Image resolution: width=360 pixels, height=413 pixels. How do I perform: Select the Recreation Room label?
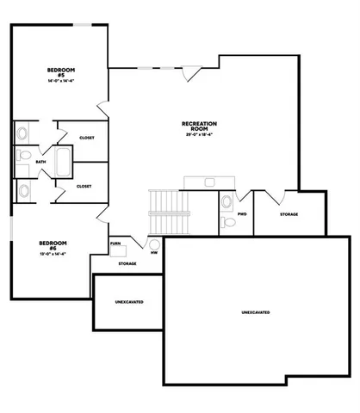(198, 126)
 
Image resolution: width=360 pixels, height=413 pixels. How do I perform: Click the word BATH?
(40, 162)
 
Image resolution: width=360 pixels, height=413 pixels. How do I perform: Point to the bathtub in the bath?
(63, 161)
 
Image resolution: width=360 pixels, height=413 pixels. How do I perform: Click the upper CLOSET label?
(86, 138)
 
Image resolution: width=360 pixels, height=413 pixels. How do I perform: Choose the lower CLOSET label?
(84, 186)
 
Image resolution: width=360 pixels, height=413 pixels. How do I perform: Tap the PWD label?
(242, 214)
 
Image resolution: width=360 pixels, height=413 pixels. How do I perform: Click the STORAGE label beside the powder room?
(289, 214)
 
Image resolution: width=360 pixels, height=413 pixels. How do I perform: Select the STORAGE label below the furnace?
(127, 265)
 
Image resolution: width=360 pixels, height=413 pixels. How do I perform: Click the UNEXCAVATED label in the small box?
(128, 302)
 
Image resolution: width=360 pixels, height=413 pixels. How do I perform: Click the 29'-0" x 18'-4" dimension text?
(198, 136)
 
